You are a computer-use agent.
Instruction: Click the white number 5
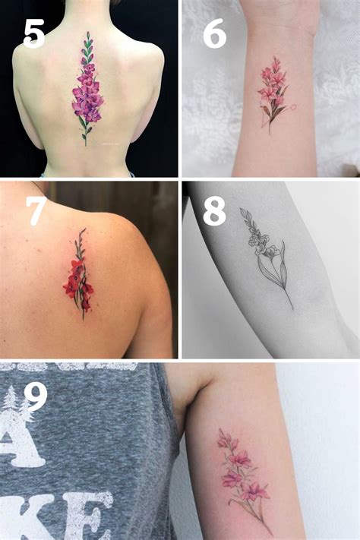click(x=34, y=33)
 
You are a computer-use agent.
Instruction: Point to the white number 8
click(x=214, y=212)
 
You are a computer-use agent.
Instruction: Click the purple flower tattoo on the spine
click(x=87, y=91)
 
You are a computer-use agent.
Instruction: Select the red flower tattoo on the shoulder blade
click(x=77, y=277)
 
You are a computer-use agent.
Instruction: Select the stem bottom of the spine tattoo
click(x=85, y=144)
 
